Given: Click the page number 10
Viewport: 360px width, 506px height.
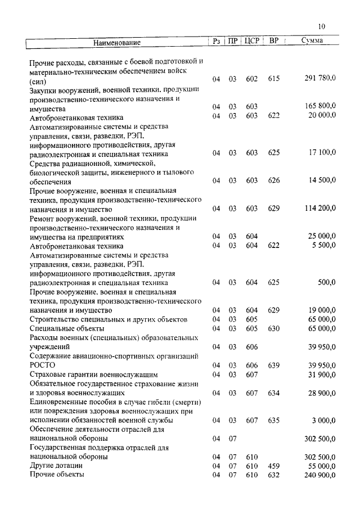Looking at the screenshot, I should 321,26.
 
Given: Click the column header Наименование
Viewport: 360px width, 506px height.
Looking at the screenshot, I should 116,42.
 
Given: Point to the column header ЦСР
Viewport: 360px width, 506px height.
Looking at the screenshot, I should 251,41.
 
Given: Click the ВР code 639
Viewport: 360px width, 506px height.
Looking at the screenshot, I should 274,365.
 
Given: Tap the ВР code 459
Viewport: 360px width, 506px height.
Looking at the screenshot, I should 274,466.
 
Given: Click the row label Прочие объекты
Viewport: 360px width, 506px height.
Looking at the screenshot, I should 57,475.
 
